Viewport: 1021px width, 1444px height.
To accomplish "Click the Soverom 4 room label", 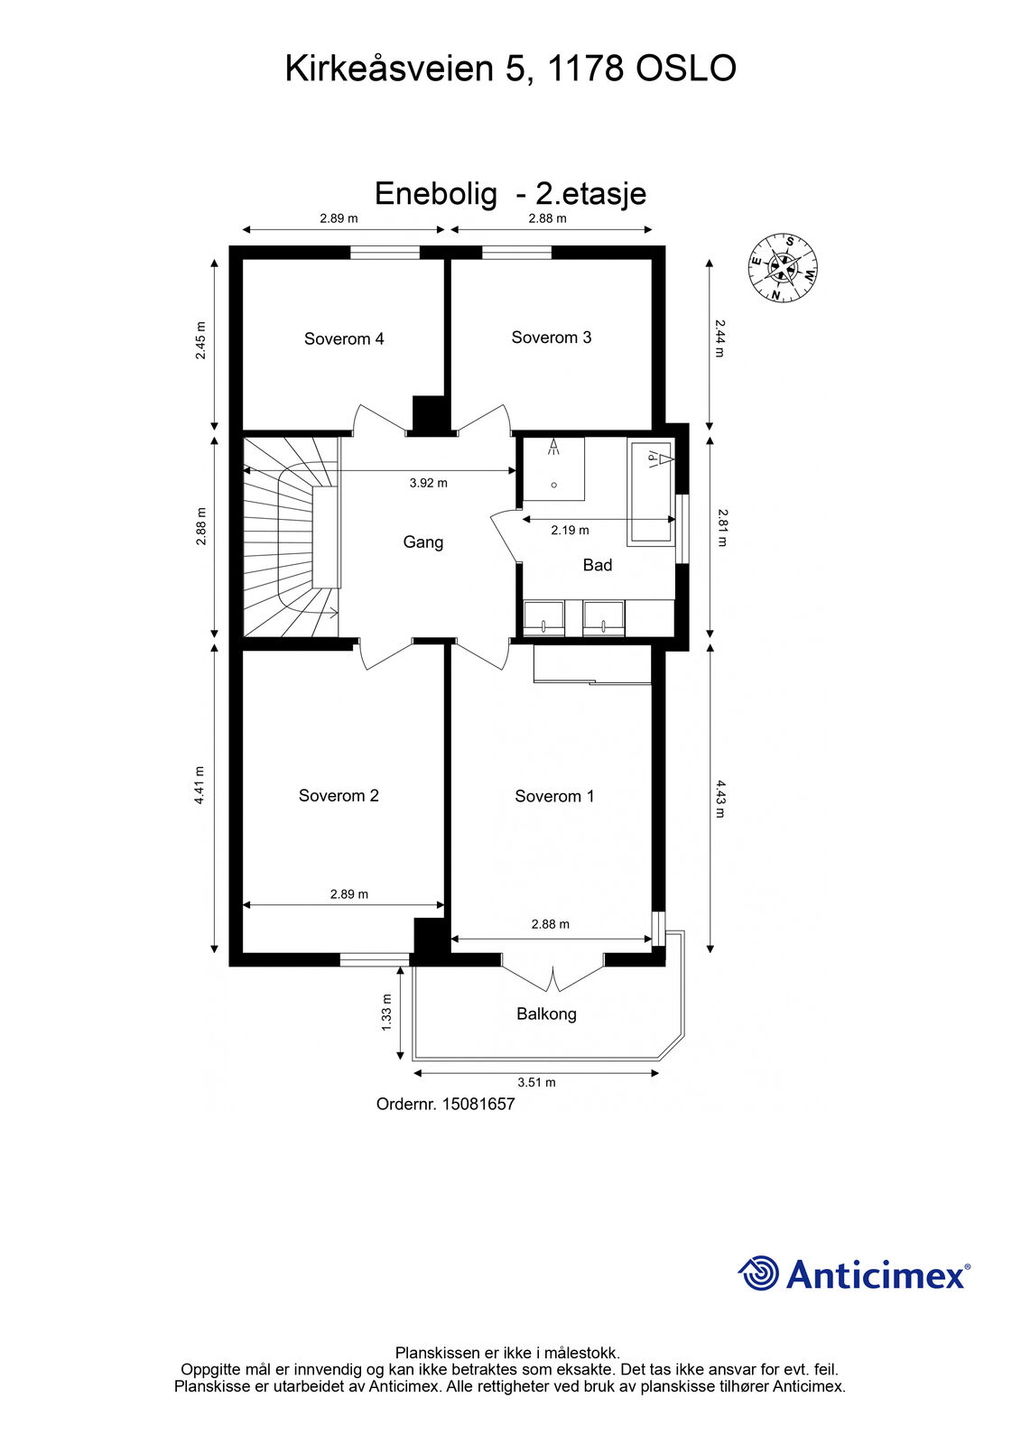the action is click(x=344, y=338).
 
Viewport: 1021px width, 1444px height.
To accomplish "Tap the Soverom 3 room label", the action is click(x=551, y=338).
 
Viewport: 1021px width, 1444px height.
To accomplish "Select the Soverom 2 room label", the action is click(x=339, y=795).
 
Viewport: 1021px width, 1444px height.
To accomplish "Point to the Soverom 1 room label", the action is click(x=554, y=796).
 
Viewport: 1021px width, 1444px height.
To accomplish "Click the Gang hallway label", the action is click(x=423, y=542).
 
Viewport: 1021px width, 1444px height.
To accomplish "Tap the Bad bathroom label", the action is click(x=598, y=565).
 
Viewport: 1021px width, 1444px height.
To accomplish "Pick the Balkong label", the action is click(x=546, y=1014).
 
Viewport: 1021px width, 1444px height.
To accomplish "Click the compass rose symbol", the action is click(x=783, y=267).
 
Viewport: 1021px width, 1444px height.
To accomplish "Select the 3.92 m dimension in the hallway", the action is click(x=428, y=483).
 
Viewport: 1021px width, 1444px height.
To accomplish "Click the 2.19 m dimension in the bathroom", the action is click(x=570, y=531).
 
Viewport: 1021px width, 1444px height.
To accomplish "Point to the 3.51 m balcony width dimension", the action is click(x=536, y=1082).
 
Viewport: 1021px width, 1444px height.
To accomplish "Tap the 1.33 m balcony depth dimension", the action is click(x=386, y=1012).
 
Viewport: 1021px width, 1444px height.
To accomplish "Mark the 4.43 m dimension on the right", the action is click(x=720, y=799).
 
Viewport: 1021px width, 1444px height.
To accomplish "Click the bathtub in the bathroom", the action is click(x=652, y=493).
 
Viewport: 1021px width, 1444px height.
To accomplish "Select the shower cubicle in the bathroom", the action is click(x=553, y=468).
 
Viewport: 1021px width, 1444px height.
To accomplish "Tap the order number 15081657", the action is click(x=478, y=1105).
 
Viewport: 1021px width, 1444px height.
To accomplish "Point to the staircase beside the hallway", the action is click(x=291, y=537).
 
